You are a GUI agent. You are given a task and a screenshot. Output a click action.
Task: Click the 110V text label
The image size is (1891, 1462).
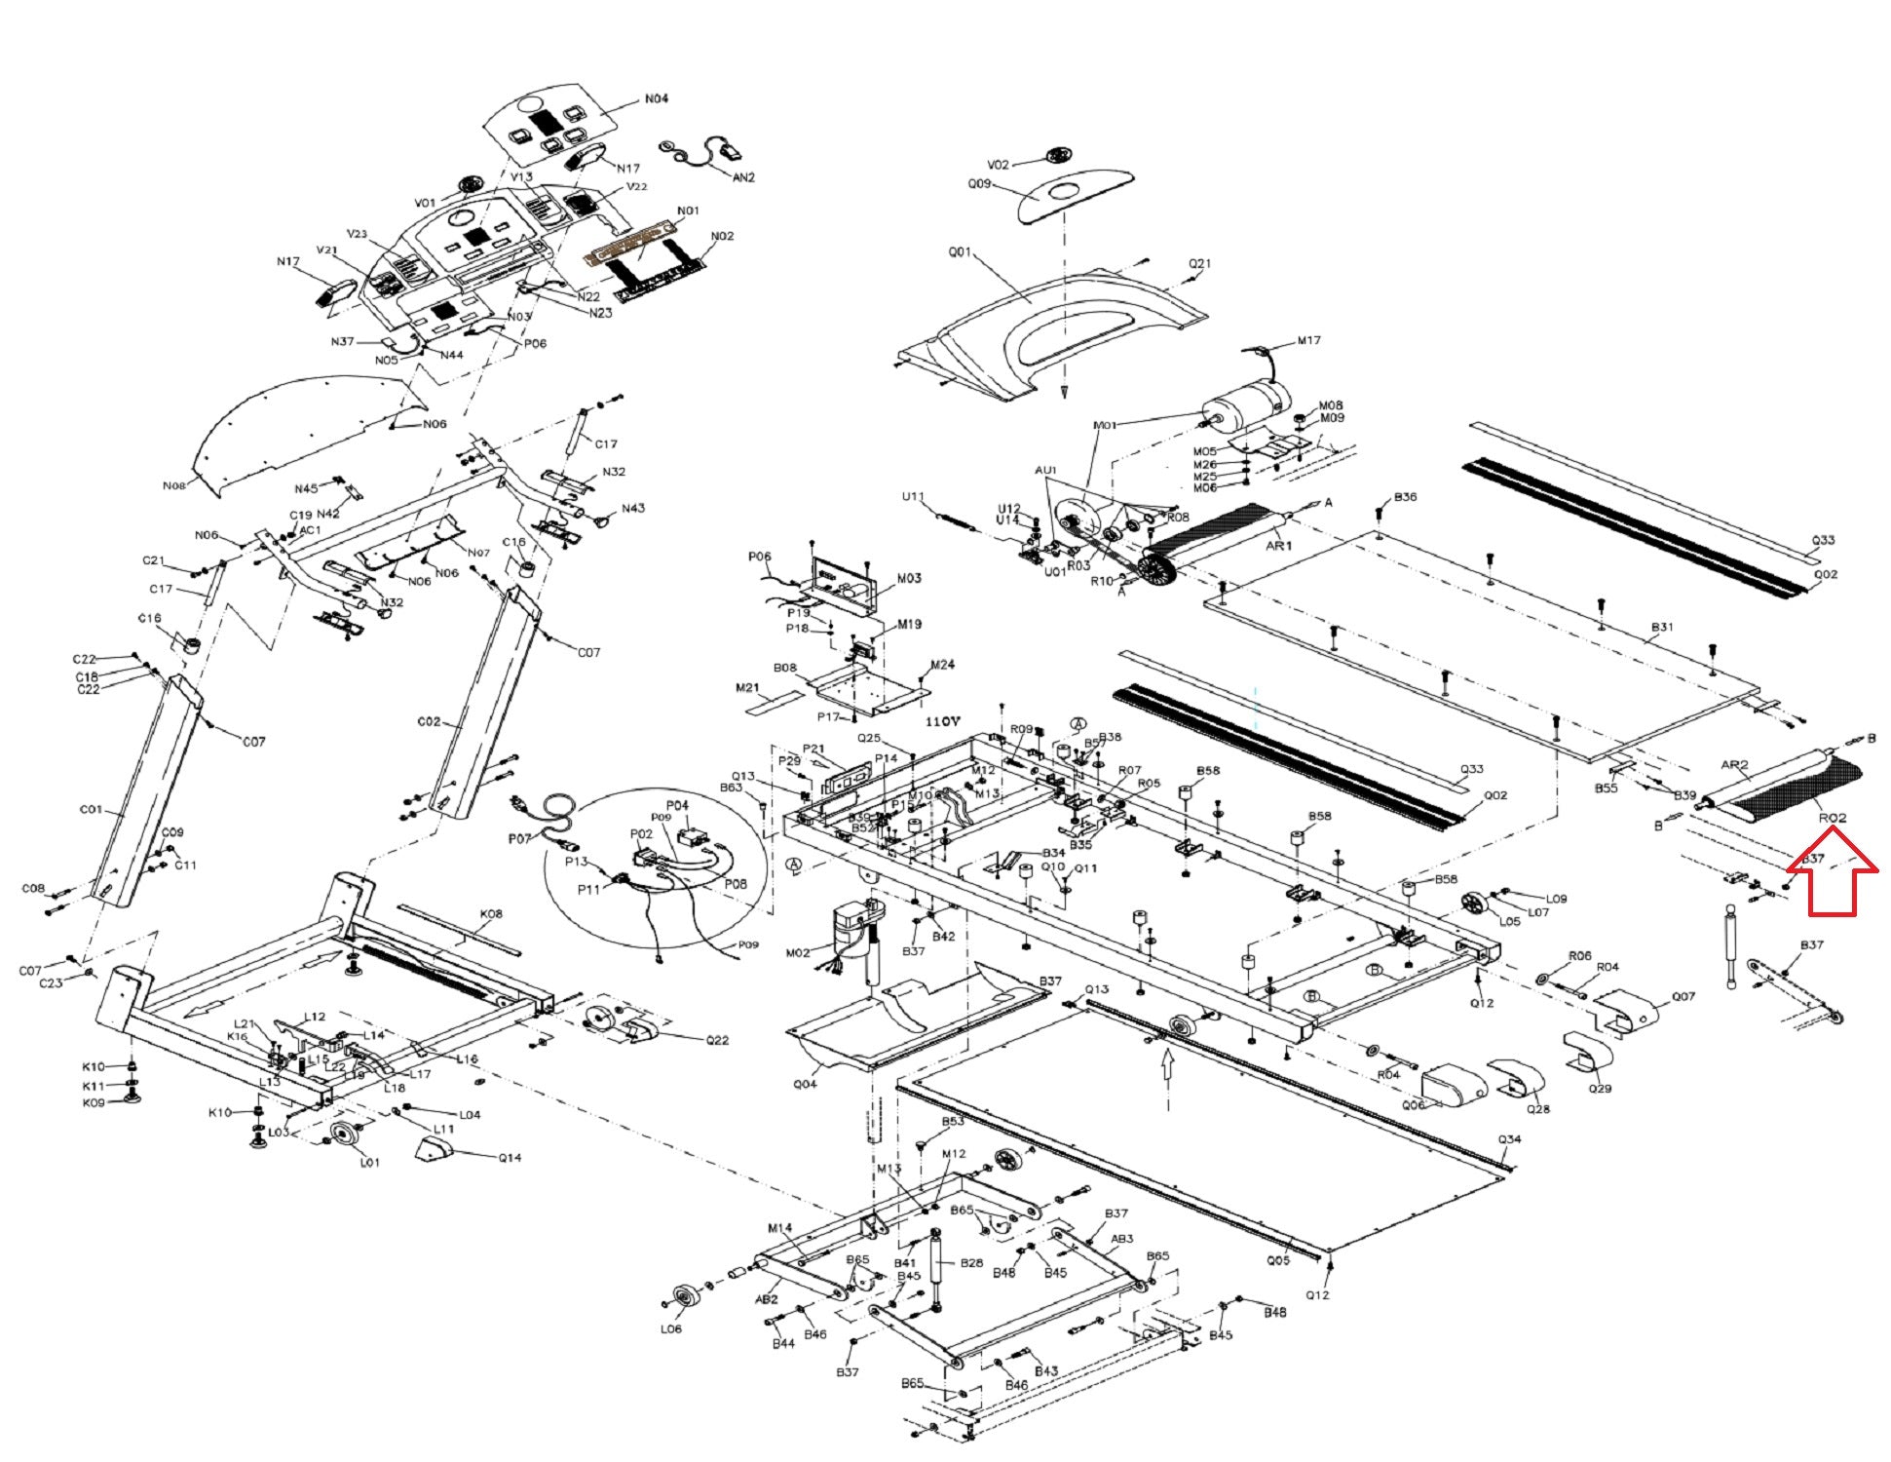(x=943, y=722)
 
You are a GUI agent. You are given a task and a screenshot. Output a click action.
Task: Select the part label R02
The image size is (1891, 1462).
(x=1833, y=818)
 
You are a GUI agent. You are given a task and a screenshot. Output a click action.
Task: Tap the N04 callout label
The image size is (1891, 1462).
(x=657, y=98)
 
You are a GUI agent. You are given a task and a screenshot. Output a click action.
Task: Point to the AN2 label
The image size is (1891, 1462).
(x=743, y=177)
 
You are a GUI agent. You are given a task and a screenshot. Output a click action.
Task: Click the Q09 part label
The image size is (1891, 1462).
(x=979, y=181)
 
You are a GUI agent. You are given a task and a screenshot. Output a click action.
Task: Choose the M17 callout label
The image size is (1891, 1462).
(x=1308, y=341)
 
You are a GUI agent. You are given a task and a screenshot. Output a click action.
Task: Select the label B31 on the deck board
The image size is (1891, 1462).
(x=1662, y=627)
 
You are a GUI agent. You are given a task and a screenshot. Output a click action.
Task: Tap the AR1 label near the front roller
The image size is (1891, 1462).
(x=1278, y=546)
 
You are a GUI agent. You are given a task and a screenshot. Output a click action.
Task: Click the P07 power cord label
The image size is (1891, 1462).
(x=520, y=838)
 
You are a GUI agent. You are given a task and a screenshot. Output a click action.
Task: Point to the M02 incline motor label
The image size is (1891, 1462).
(x=797, y=952)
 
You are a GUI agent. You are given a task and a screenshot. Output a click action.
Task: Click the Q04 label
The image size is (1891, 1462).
(x=805, y=1083)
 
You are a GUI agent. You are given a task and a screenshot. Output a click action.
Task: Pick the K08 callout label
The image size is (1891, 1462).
(x=491, y=914)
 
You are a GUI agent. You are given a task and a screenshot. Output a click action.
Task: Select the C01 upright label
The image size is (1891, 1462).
(x=91, y=809)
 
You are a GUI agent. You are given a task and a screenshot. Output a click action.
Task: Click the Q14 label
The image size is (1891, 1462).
(x=510, y=1158)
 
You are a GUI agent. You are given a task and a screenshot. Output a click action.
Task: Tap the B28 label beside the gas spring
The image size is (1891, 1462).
(x=971, y=1263)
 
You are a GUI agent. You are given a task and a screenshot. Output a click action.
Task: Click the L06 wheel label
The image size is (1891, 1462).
(x=671, y=1328)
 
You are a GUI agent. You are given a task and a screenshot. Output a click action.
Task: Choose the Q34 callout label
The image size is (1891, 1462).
(x=1509, y=1139)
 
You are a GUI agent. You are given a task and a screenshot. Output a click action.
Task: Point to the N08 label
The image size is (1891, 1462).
(x=174, y=484)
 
